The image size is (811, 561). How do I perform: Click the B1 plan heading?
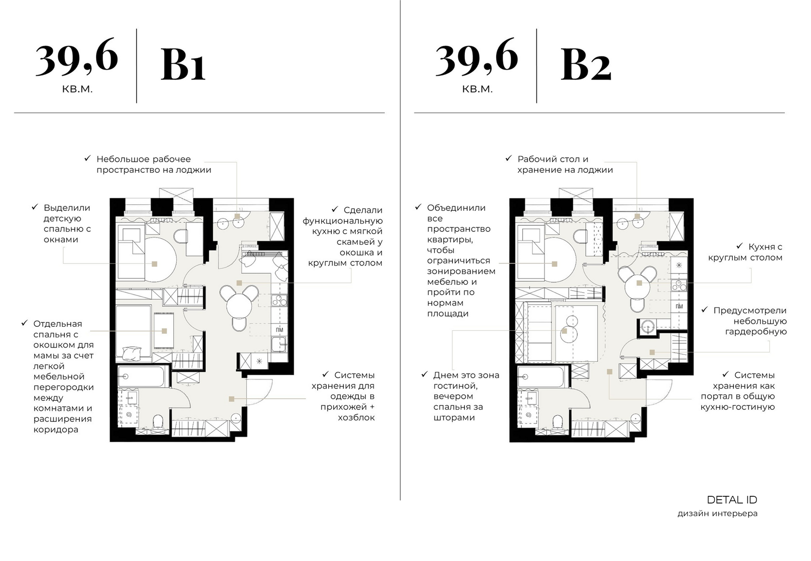(183, 65)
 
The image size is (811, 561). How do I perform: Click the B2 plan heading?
(586, 65)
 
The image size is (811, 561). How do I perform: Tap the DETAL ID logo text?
(732, 500)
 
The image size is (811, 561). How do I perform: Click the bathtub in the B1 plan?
(143, 377)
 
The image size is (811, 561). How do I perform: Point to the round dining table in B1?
(239, 307)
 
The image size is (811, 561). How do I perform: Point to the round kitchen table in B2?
(639, 283)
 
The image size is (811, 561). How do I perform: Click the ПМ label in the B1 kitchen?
(280, 330)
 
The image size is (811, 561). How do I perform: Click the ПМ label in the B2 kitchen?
(679, 307)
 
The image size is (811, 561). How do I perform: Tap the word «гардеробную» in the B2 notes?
(756, 332)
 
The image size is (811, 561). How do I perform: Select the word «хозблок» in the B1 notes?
(356, 418)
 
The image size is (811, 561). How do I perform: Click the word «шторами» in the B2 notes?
(454, 418)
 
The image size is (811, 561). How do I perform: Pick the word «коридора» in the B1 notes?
(56, 430)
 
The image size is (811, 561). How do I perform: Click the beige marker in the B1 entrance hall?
(231, 399)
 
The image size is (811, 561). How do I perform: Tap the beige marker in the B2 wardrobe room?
(652, 352)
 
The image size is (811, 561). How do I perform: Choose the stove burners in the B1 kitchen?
(279, 300)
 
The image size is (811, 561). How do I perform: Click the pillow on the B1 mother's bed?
(131, 353)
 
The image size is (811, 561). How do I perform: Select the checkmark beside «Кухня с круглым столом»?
(740, 246)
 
